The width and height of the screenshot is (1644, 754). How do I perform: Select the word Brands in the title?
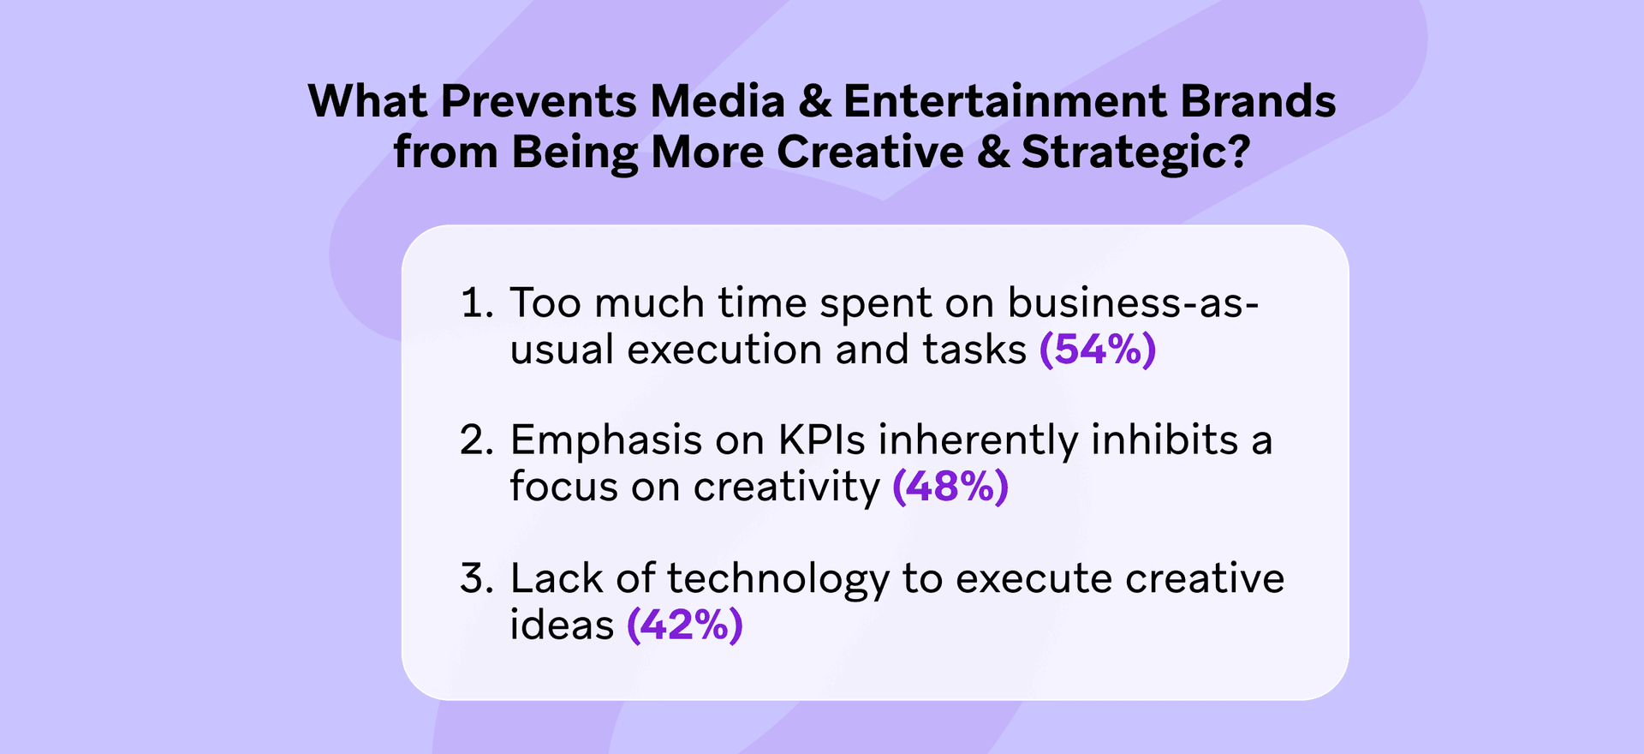pyautogui.click(x=1258, y=101)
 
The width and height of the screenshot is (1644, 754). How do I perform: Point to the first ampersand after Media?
pyautogui.click(x=814, y=101)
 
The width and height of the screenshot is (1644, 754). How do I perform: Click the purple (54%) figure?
pyautogui.click(x=1098, y=350)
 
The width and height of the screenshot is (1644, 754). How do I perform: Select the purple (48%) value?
pyautogui.click(x=950, y=487)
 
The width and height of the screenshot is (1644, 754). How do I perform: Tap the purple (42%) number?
pyautogui.click(x=685, y=625)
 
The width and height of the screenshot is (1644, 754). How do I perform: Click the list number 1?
pyautogui.click(x=476, y=303)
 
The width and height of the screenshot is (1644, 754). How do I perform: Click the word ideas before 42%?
pyautogui.click(x=562, y=625)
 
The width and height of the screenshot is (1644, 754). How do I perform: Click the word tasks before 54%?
pyautogui.click(x=974, y=350)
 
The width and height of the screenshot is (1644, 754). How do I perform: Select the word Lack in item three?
pyautogui.click(x=557, y=578)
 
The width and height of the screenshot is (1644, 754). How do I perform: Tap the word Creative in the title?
pyautogui.click(x=870, y=153)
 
